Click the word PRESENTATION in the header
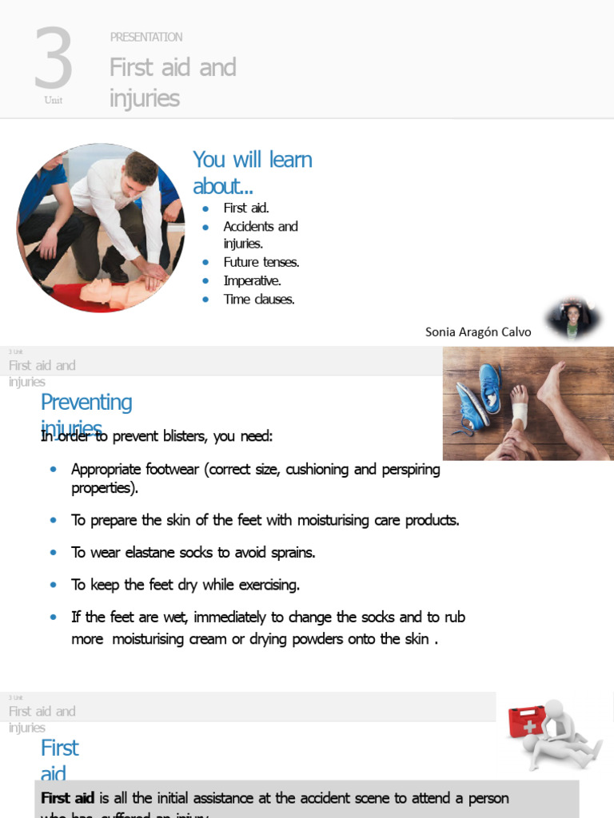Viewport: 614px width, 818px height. tap(146, 37)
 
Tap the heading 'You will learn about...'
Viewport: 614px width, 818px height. tap(252, 173)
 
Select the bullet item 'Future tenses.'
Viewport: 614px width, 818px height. tap(261, 262)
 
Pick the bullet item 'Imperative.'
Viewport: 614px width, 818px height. tap(252, 280)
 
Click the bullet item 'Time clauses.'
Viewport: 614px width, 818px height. tap(259, 300)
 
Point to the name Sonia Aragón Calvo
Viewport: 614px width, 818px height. tap(478, 332)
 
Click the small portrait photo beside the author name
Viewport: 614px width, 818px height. tap(572, 319)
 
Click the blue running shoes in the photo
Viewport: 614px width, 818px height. tap(479, 397)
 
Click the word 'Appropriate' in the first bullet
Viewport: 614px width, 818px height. tap(110, 469)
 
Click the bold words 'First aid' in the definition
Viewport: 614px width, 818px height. tap(68, 798)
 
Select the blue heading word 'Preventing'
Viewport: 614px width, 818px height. tap(86, 402)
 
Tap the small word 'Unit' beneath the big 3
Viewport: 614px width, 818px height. tap(54, 101)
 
